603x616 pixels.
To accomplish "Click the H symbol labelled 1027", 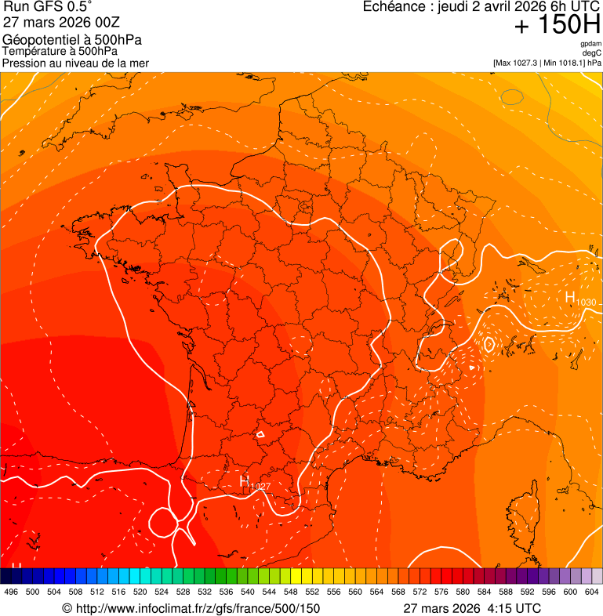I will tap(245, 480).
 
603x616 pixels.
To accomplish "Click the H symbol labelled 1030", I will tap(570, 297).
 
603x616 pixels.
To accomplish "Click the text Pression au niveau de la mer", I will tap(75, 63).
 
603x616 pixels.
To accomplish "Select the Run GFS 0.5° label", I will tap(48, 6).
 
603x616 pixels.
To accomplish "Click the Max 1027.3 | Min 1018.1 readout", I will tap(547, 63).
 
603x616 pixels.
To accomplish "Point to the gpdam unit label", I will tap(590, 44).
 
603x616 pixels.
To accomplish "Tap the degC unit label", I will tap(592, 53).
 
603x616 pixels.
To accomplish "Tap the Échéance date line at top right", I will tap(481, 6).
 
